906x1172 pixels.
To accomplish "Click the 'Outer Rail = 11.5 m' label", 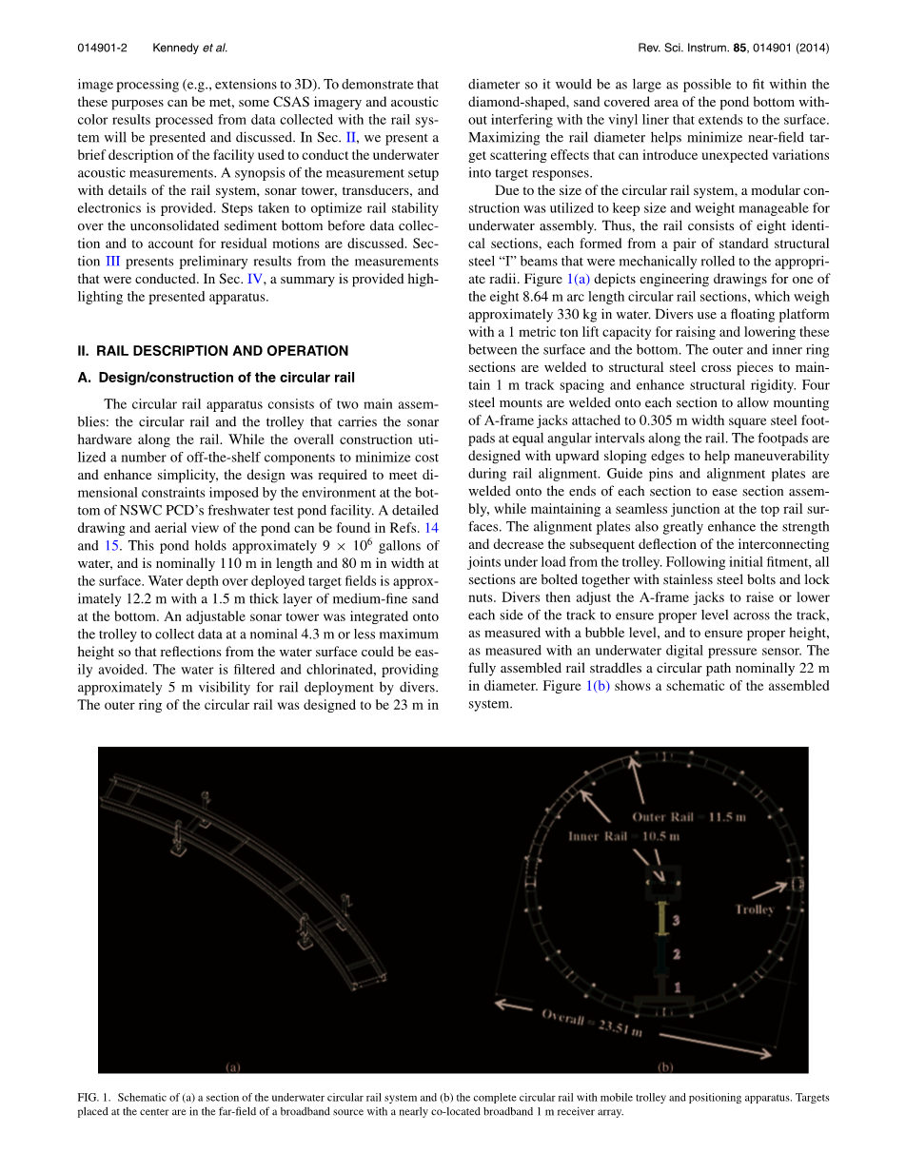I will click(689, 817).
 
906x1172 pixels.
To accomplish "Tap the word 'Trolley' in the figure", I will click(755, 909).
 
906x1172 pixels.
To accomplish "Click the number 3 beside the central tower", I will click(676, 921).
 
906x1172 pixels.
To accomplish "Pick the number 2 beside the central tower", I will click(676, 953).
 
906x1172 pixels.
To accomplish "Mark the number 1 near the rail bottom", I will click(677, 987).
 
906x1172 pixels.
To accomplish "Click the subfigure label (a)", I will click(232, 1066).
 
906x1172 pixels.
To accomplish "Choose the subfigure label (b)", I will click(664, 1066).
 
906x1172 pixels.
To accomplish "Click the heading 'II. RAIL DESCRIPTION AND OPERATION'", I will click(212, 351).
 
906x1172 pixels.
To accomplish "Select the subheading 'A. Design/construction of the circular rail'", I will click(216, 378).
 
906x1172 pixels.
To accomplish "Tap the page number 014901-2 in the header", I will click(102, 48).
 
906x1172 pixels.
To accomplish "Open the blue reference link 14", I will click(432, 528).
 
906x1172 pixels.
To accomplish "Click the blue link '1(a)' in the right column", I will click(578, 279).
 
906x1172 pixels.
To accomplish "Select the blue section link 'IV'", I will click(254, 280).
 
